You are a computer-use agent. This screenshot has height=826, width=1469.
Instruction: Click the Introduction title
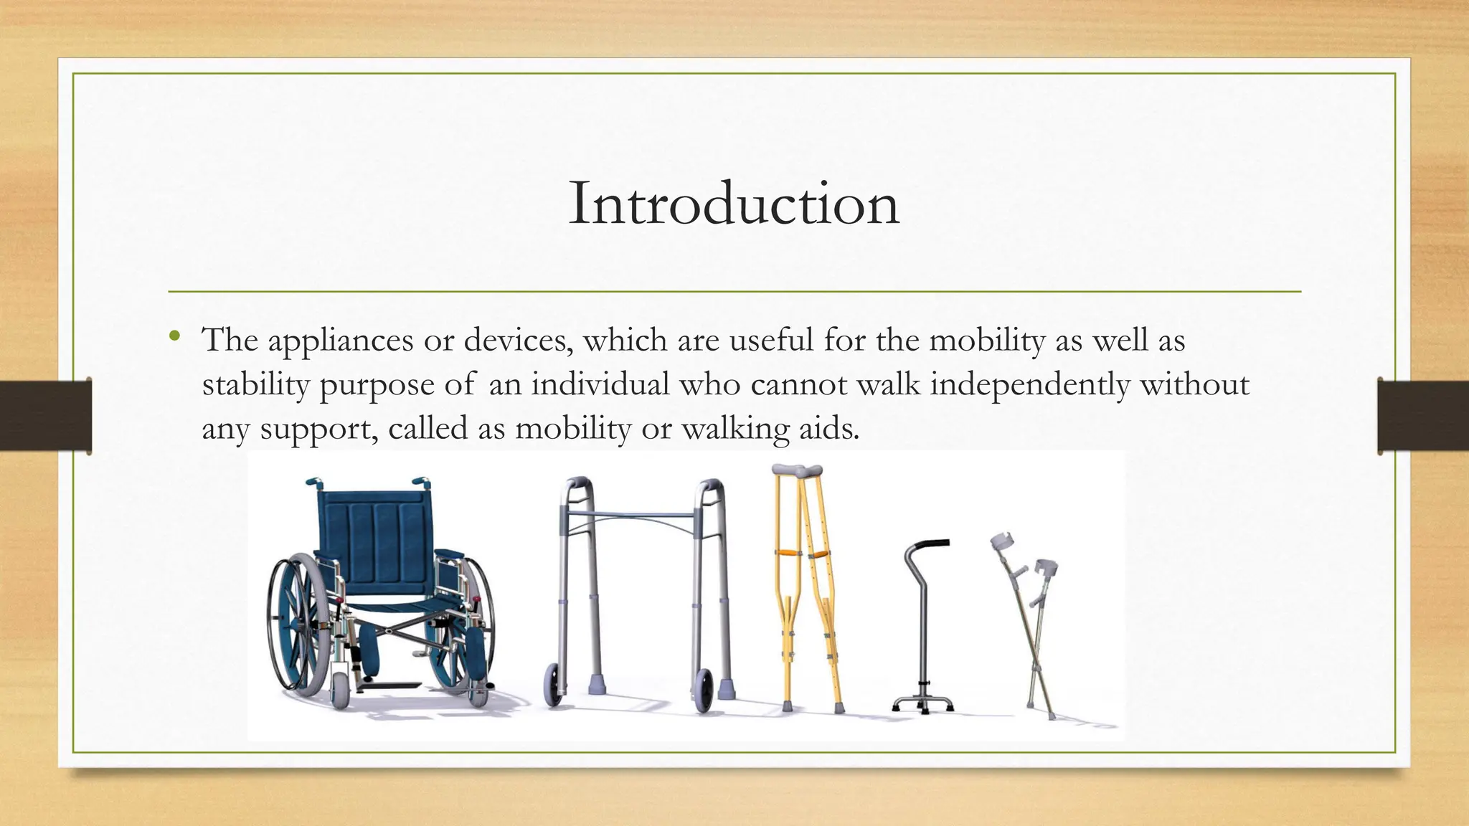coord(734,204)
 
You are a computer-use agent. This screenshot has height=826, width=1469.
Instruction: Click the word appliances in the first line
coord(341,341)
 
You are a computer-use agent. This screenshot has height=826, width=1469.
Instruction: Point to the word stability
coord(256,385)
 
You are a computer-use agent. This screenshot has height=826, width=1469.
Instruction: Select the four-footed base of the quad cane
coord(923,704)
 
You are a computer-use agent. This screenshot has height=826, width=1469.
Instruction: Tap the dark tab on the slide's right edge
coord(1423,416)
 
